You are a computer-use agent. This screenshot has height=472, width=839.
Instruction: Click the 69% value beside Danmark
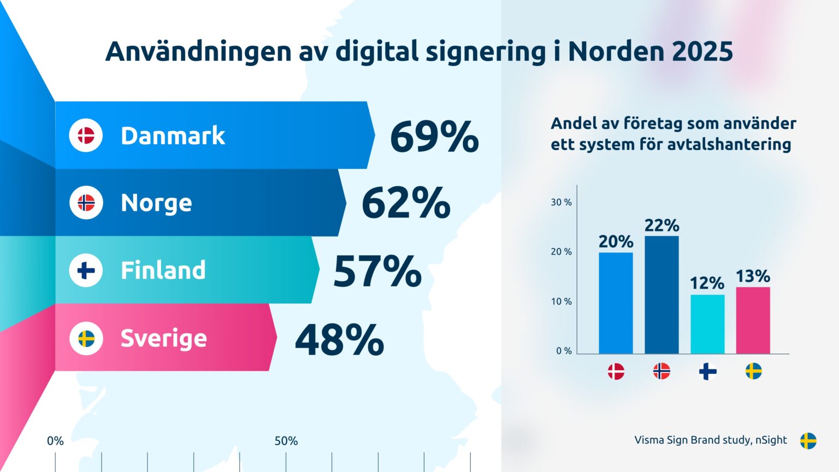click(434, 137)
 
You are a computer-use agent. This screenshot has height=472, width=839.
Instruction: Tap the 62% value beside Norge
click(406, 203)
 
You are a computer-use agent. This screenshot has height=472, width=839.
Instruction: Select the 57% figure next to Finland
click(377, 271)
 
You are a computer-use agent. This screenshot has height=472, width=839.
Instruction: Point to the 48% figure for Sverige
click(339, 339)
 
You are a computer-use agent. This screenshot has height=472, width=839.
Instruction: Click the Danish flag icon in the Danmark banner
click(86, 135)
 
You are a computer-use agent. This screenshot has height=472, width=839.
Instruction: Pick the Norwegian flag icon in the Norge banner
click(86, 203)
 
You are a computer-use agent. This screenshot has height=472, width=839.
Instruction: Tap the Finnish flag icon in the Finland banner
click(86, 270)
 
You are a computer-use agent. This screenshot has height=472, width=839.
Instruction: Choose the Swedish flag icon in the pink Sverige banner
click(86, 338)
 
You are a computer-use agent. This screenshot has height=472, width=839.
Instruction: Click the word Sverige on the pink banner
click(163, 338)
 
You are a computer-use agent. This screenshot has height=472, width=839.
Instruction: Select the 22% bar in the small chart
click(661, 295)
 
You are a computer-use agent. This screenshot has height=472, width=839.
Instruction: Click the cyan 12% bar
click(707, 324)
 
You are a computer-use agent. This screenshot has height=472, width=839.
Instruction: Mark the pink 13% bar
click(753, 321)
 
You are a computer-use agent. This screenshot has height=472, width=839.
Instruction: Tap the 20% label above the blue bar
click(616, 241)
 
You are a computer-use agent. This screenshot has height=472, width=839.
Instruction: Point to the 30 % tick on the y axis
click(561, 202)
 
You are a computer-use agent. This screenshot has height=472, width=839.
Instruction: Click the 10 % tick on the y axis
click(561, 302)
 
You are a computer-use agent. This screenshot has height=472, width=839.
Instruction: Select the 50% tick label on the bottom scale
click(286, 441)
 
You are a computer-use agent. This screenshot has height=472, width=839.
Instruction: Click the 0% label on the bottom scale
click(55, 441)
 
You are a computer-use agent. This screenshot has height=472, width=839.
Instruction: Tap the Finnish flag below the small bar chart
click(707, 371)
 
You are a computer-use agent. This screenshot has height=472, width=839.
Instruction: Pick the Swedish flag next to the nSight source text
click(808, 440)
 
